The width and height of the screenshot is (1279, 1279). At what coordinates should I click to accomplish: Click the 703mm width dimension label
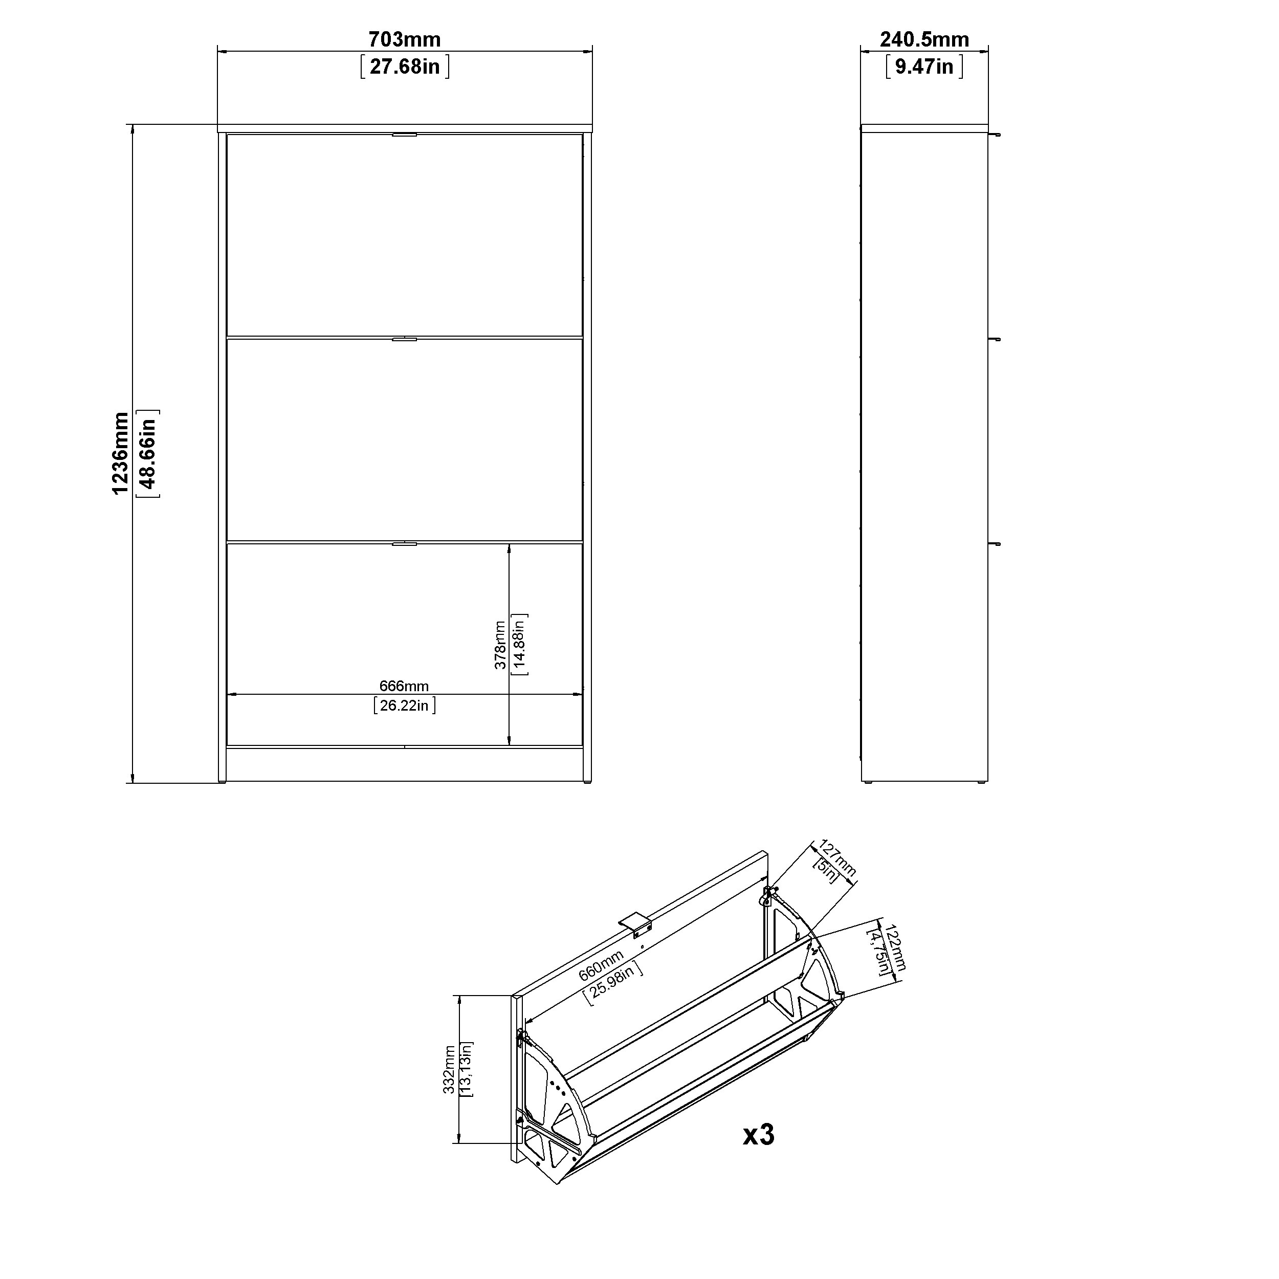click(405, 40)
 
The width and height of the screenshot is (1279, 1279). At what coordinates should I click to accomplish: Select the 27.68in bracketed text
click(405, 67)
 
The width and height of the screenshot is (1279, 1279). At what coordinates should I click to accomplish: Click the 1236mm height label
click(121, 453)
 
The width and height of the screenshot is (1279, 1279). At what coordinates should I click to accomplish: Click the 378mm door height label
click(500, 645)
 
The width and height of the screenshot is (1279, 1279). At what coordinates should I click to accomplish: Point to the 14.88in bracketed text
click(520, 645)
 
